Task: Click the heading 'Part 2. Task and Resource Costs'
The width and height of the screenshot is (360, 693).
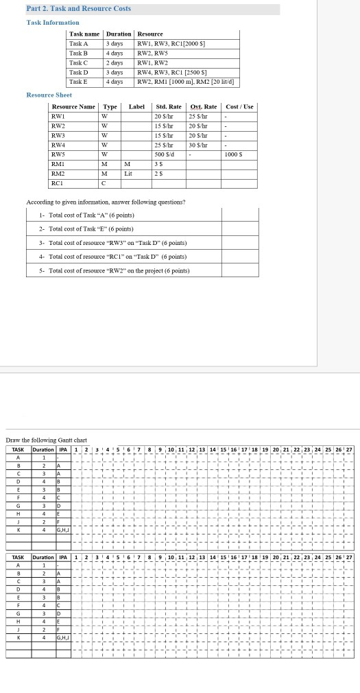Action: (x=69, y=9)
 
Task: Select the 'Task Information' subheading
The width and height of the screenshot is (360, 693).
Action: (x=52, y=23)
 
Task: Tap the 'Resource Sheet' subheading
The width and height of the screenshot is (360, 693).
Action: (x=49, y=95)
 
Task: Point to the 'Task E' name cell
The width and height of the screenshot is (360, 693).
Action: (x=80, y=82)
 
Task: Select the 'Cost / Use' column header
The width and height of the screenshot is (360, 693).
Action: (x=239, y=107)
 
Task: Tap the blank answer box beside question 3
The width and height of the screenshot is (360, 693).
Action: (x=240, y=243)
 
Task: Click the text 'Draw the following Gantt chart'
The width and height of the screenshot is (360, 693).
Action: (x=46, y=439)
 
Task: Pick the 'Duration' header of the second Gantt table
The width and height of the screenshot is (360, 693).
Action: (x=43, y=557)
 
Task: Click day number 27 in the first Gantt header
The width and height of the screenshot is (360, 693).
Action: (x=349, y=449)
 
